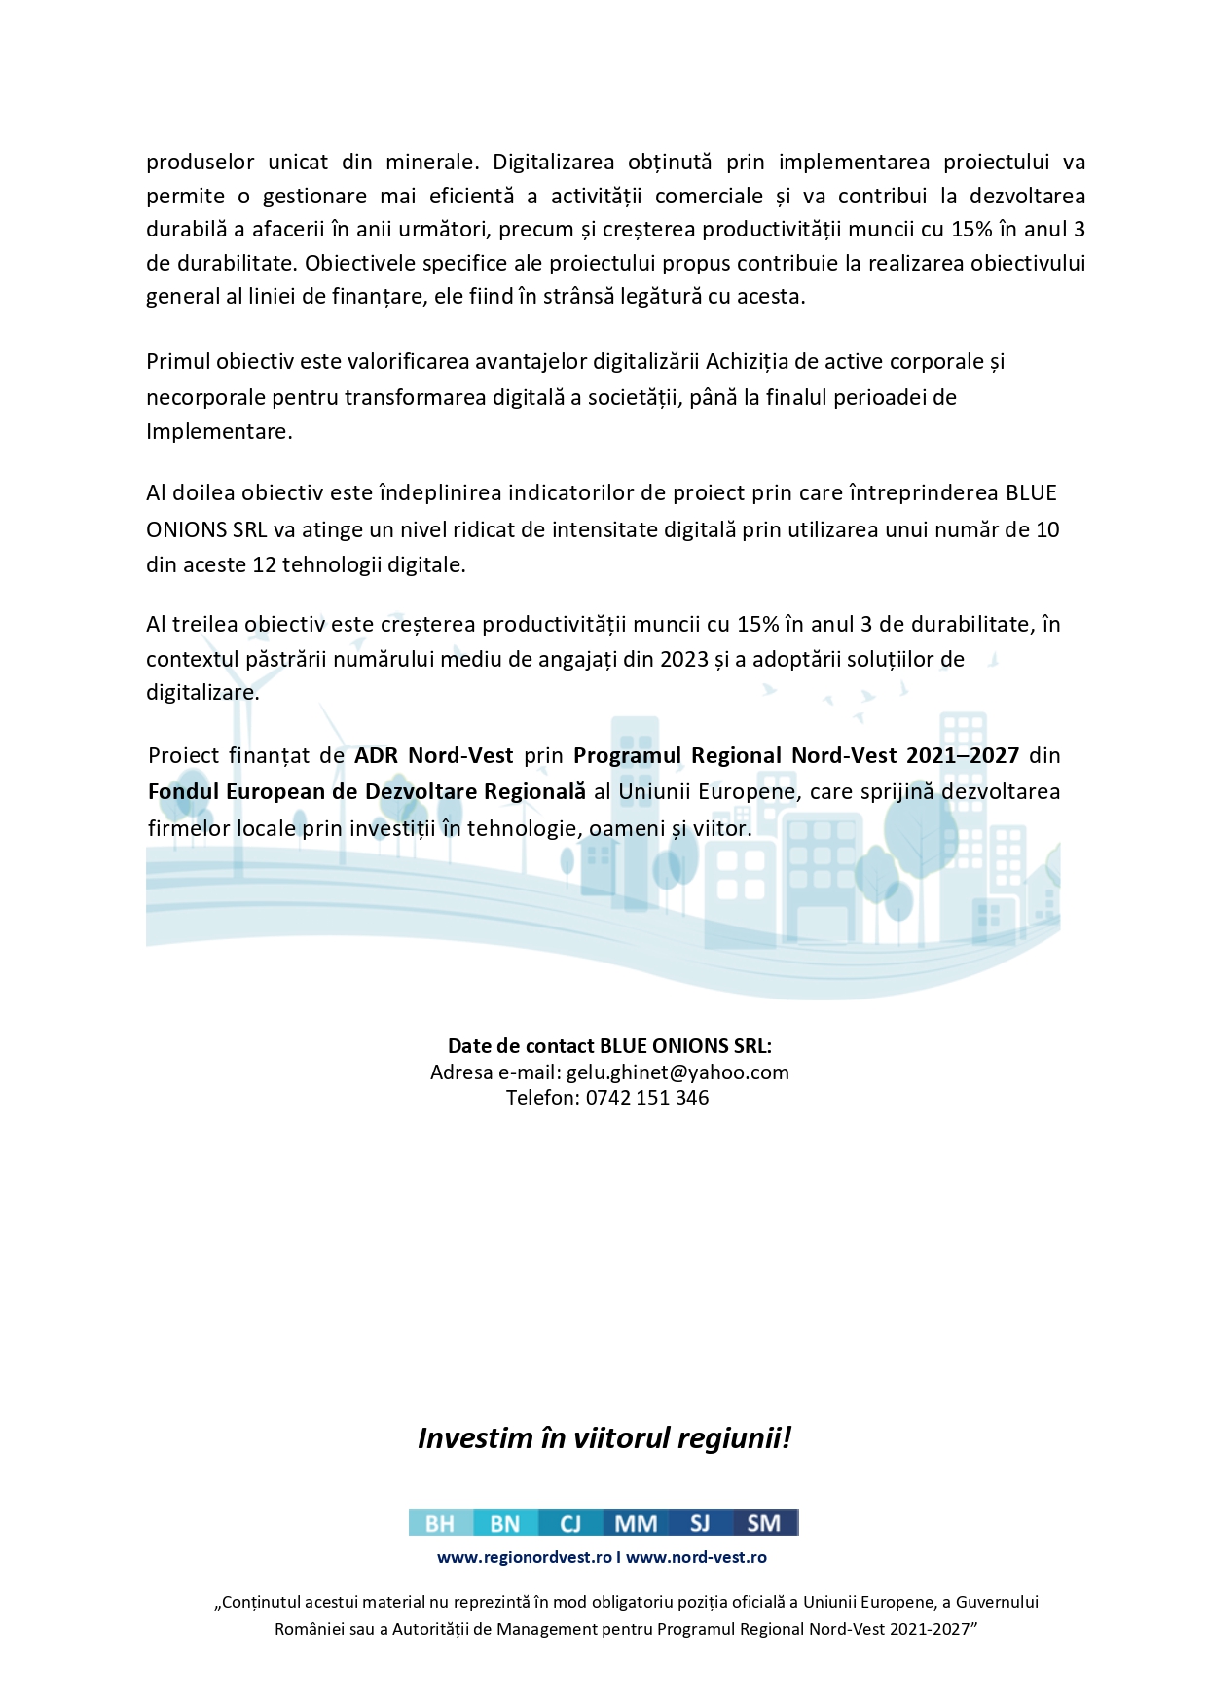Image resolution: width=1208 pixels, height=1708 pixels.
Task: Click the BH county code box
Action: pos(440,1523)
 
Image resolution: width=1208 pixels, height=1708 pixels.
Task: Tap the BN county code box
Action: pos(504,1523)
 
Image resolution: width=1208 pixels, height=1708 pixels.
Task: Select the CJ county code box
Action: pos(569,1523)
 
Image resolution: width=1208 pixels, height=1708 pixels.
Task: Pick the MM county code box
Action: pos(636,1523)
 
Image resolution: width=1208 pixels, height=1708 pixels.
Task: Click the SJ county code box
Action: pos(700,1523)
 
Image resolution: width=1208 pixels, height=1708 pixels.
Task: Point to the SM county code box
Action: pos(764,1523)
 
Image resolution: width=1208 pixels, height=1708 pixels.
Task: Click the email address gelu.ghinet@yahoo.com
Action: pos(677,1072)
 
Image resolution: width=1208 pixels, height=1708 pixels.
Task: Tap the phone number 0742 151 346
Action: pos(647,1098)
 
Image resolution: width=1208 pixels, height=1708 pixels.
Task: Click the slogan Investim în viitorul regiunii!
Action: pos(604,1437)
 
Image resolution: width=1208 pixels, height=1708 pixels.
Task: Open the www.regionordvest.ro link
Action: pos(524,1557)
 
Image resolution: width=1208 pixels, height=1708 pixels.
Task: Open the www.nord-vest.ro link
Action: pos(696,1557)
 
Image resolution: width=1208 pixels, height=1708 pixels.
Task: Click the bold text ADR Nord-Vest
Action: pos(433,756)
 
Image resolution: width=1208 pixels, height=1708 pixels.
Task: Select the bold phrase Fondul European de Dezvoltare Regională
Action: pos(367,792)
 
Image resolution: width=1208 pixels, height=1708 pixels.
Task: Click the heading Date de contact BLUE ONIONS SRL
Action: pos(609,1046)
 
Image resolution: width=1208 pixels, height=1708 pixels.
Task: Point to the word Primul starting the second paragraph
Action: pos(178,362)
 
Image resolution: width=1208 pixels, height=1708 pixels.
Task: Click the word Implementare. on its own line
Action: pos(219,432)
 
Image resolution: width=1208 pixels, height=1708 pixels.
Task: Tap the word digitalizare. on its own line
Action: pos(202,694)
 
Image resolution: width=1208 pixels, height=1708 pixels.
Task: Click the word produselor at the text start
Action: pos(201,163)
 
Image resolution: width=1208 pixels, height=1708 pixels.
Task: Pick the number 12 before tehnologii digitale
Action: pos(265,565)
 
